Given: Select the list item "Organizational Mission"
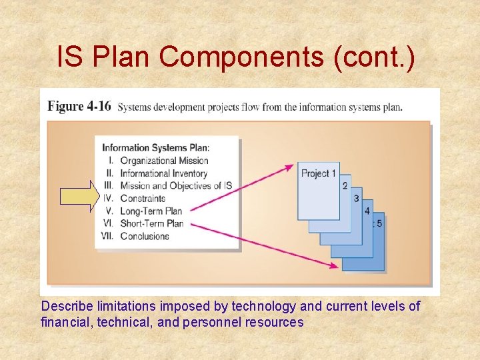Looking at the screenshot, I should pos(164,160).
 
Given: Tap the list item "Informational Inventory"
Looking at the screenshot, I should pos(163,173).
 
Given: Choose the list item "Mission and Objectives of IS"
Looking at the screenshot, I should pos(175,185).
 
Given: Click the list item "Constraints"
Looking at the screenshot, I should pos(143,198).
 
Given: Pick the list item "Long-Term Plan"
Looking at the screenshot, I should pos(151,211).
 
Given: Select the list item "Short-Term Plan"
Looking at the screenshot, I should pos(152,223).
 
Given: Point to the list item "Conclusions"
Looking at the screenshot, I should pos(144,236).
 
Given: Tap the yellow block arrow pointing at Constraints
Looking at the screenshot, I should pos(79,197).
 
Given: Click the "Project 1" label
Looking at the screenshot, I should pos(318,173).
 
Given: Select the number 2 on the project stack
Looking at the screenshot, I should pos(345,185).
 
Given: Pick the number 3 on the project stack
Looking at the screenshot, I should pos(356,199).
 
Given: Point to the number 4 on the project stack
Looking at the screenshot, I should pos(367,211).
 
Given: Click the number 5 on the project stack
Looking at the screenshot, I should pos(379,223).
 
